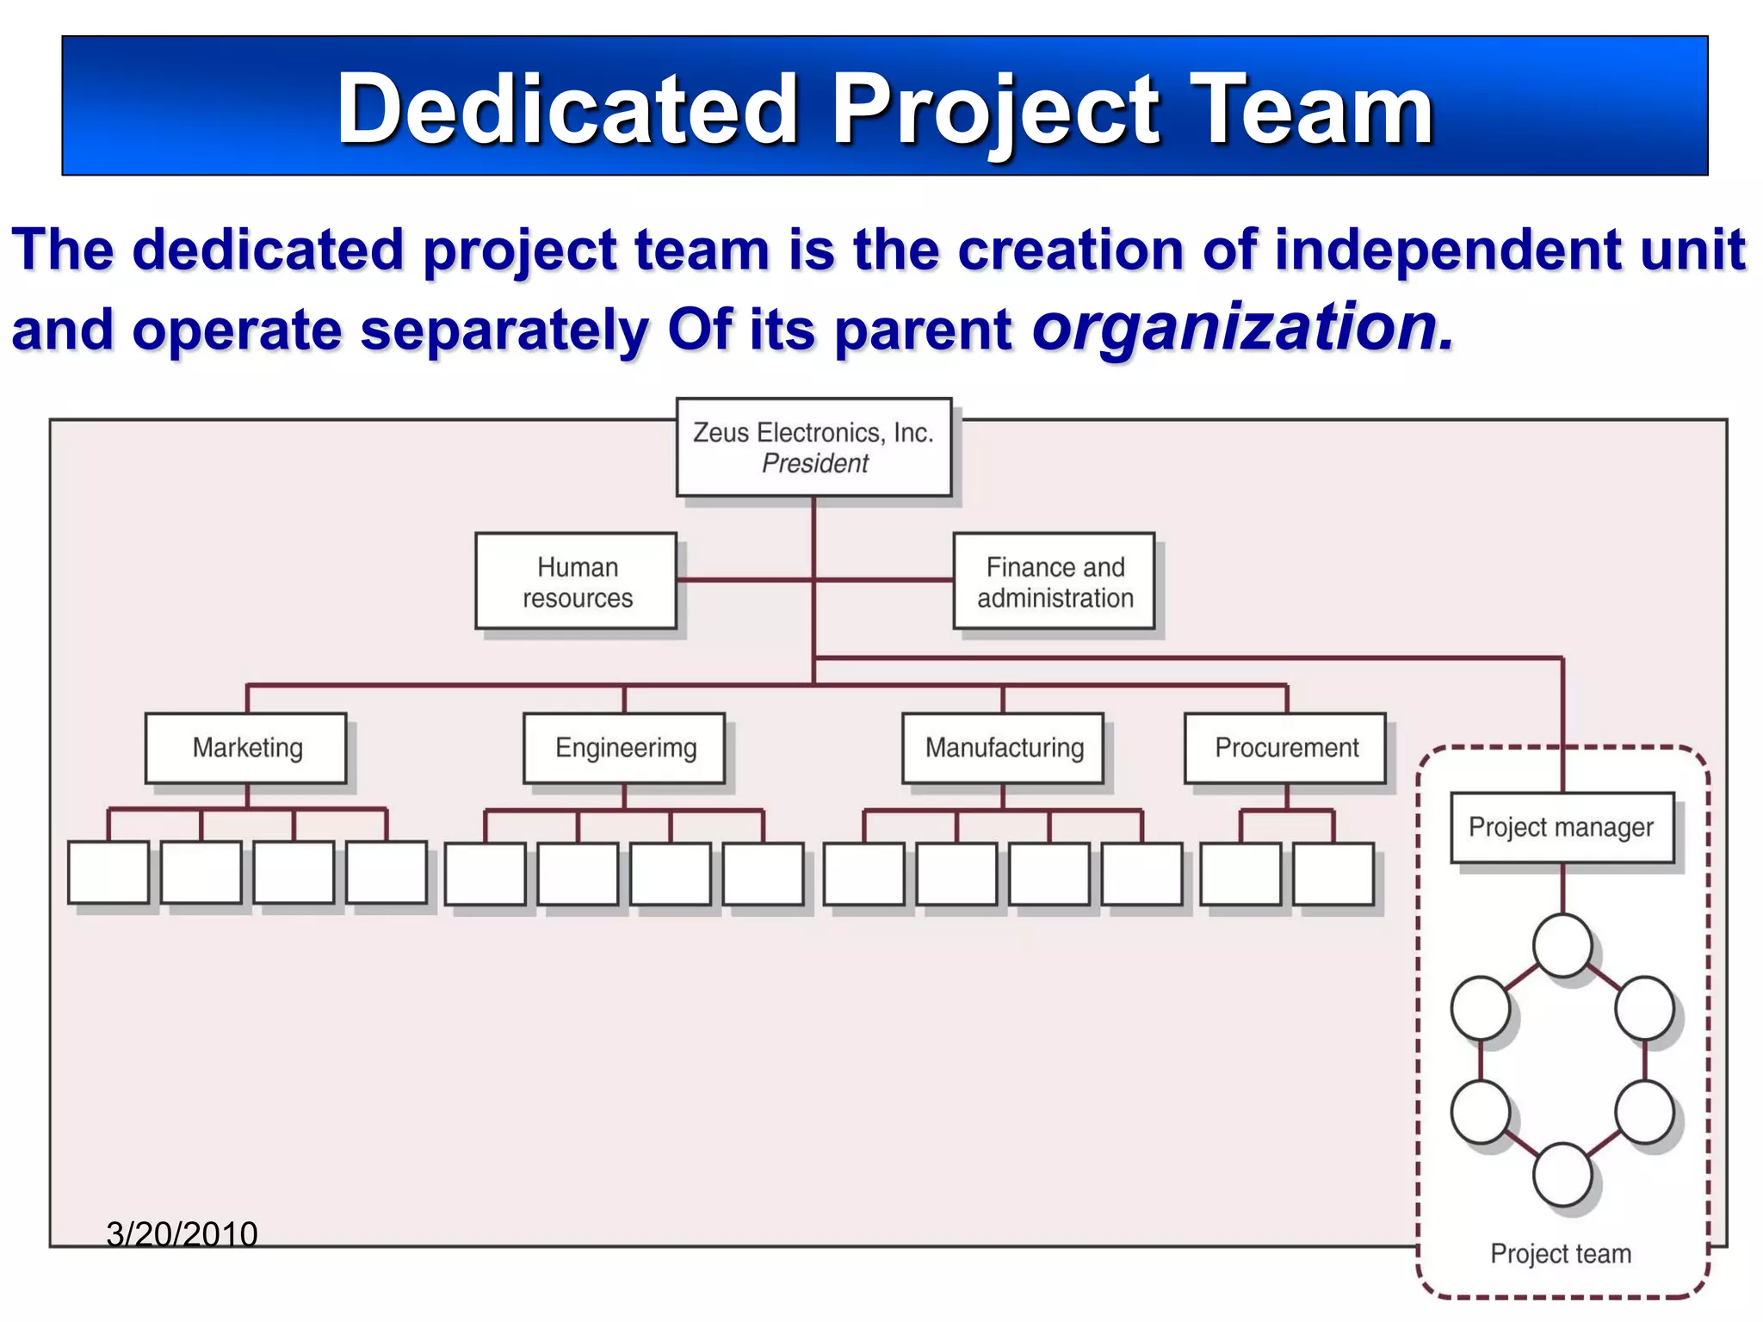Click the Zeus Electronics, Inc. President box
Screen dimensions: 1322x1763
[813, 447]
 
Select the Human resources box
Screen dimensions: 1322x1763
[576, 582]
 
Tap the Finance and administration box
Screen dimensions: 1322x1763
[1054, 582]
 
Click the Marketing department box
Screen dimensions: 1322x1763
[246, 747]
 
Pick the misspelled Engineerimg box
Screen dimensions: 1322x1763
[624, 747]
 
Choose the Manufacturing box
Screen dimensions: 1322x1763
[1003, 747]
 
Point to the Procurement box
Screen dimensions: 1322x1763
[1285, 747]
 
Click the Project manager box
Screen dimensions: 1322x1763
[1562, 827]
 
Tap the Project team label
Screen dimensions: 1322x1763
[1560, 1253]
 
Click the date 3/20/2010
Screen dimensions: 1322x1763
[182, 1233]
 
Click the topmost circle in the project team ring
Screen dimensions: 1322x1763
[1562, 945]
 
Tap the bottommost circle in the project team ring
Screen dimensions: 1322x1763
[1562, 1174]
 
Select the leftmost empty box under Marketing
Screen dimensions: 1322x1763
[108, 872]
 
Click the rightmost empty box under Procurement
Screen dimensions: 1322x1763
[1333, 874]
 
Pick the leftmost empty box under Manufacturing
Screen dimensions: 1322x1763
[863, 874]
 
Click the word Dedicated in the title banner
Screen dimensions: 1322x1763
[567, 109]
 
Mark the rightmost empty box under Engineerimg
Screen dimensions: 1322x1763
[763, 874]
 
